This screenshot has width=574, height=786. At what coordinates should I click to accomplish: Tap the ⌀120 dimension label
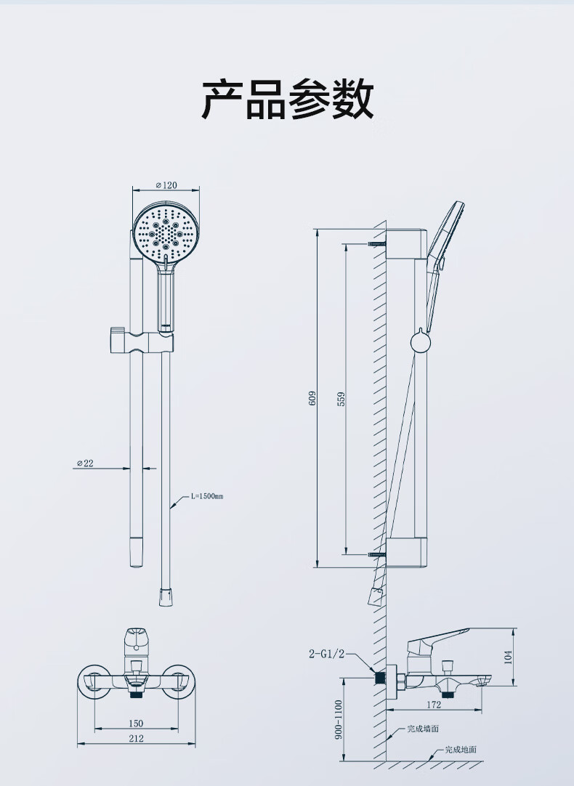coord(166,185)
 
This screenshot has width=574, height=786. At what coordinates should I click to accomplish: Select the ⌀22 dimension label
coord(86,463)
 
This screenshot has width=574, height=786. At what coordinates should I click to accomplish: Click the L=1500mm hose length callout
coord(206,496)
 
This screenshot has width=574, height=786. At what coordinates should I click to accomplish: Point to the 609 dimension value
coord(312,397)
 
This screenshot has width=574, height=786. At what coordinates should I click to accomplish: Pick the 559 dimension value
coord(341,398)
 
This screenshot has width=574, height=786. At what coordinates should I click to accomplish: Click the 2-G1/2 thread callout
coord(326,654)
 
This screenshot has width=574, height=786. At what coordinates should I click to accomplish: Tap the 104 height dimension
coord(508,657)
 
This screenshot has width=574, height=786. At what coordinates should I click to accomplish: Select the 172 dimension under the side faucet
coord(433,705)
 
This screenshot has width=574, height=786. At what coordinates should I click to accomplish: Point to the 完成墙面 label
coord(422,729)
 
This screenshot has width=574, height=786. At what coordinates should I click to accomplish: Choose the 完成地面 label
coord(460,750)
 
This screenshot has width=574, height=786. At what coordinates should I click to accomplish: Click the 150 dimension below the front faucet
coord(136,723)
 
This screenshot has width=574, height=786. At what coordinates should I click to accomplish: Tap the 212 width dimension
coord(136,738)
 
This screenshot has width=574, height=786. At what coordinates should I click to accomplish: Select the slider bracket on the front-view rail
coord(138,341)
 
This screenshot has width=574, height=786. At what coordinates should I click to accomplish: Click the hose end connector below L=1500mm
coord(166,596)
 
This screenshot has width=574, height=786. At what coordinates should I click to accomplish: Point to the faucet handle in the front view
coord(134,639)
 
